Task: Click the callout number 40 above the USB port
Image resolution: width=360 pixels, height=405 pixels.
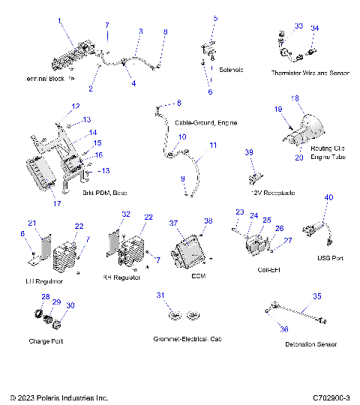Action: point(328,197)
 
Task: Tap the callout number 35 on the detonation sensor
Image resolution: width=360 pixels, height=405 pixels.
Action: point(316,296)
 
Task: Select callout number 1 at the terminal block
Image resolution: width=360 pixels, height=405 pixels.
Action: point(61,22)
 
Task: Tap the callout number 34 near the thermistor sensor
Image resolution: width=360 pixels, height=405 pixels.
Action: point(314,28)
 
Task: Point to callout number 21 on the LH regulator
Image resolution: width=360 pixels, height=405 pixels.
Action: point(32,223)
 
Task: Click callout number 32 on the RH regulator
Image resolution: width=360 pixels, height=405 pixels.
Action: point(126,214)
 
